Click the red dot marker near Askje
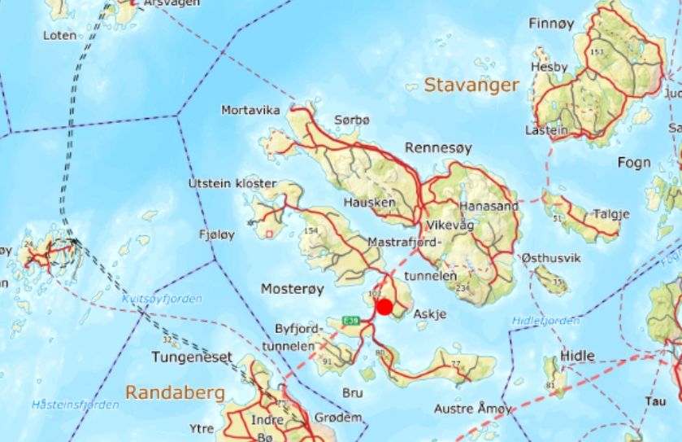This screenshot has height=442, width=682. point(384,307)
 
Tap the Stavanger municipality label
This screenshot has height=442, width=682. point(471,85)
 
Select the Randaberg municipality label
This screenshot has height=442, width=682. point(175,392)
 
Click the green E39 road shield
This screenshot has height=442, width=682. point(351,320)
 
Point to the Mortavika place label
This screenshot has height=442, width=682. point(250,110)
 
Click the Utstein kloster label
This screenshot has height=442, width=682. point(232,183)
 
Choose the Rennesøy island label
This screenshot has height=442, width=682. point(438,148)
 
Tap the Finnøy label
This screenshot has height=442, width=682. point(552,24)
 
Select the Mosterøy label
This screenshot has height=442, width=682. point(292,289)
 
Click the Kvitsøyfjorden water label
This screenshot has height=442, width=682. point(163,299)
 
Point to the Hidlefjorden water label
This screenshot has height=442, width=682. point(546,321)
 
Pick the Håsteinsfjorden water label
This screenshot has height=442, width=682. point(75,405)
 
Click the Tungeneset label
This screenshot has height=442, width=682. point(192,357)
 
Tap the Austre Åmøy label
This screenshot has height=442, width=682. point(473,408)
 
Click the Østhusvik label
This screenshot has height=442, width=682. point(551,258)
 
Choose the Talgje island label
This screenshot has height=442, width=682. point(611,214)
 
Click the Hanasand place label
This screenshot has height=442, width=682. point(488,207)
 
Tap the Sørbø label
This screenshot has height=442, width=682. point(351,120)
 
